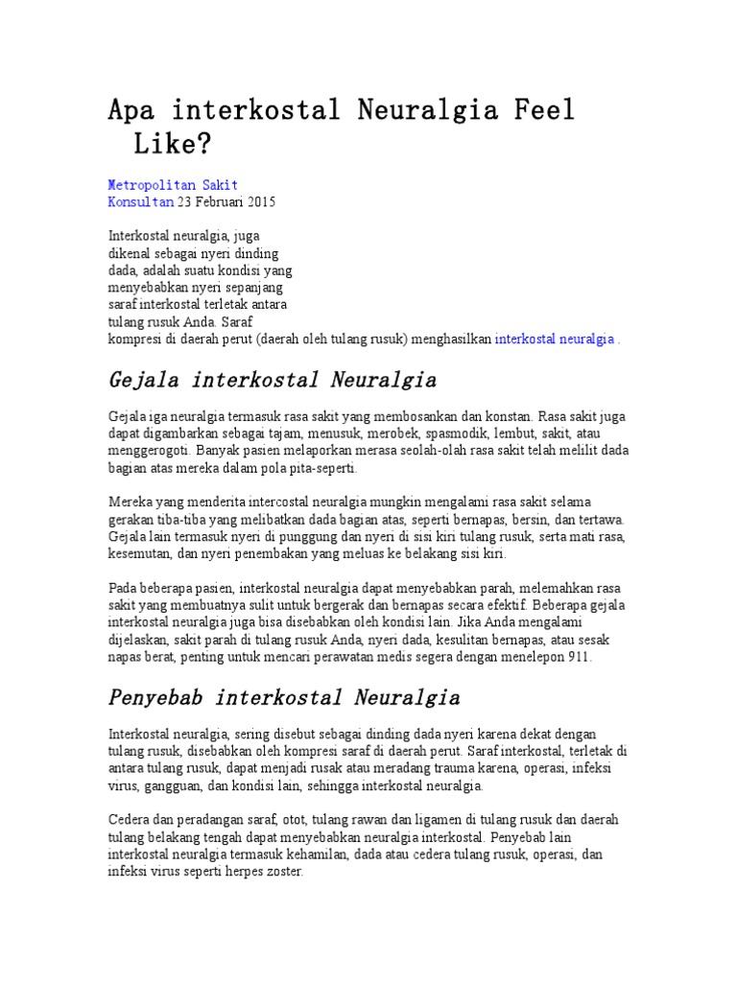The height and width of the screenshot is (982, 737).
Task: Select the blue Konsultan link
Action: click(140, 202)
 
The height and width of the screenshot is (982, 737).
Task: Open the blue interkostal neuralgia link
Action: click(554, 339)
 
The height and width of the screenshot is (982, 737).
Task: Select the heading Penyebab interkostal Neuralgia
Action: click(284, 696)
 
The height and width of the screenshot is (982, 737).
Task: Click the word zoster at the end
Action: click(282, 873)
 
